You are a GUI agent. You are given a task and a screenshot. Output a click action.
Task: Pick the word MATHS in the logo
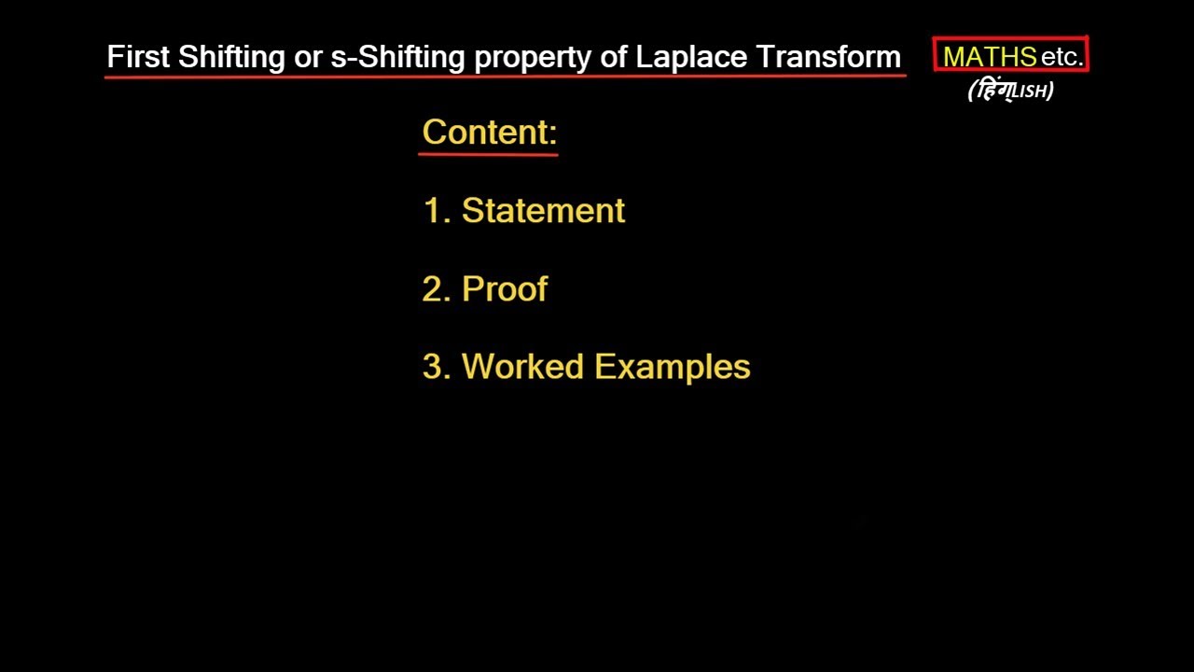[x=990, y=57]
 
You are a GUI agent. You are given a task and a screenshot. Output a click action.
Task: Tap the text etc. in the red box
[x=1062, y=57]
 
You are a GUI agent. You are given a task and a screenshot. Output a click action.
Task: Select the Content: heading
[x=490, y=132]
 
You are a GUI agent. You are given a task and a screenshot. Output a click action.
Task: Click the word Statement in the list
[x=543, y=211]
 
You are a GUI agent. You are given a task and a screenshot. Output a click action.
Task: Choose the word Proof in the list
[x=505, y=289]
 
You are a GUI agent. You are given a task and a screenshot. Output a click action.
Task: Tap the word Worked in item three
[x=523, y=367]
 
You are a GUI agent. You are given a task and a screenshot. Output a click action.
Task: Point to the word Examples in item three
[x=673, y=367]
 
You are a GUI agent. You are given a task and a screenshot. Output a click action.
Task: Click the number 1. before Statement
[x=437, y=211]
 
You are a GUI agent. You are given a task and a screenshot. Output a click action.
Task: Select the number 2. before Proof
[x=437, y=289]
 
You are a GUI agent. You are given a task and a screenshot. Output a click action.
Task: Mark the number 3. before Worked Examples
[x=437, y=367]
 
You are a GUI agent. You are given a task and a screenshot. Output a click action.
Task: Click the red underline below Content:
[x=488, y=153]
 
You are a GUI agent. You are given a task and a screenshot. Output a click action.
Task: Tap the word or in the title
[x=308, y=57]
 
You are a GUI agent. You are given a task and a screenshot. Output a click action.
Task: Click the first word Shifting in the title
[x=231, y=57]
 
